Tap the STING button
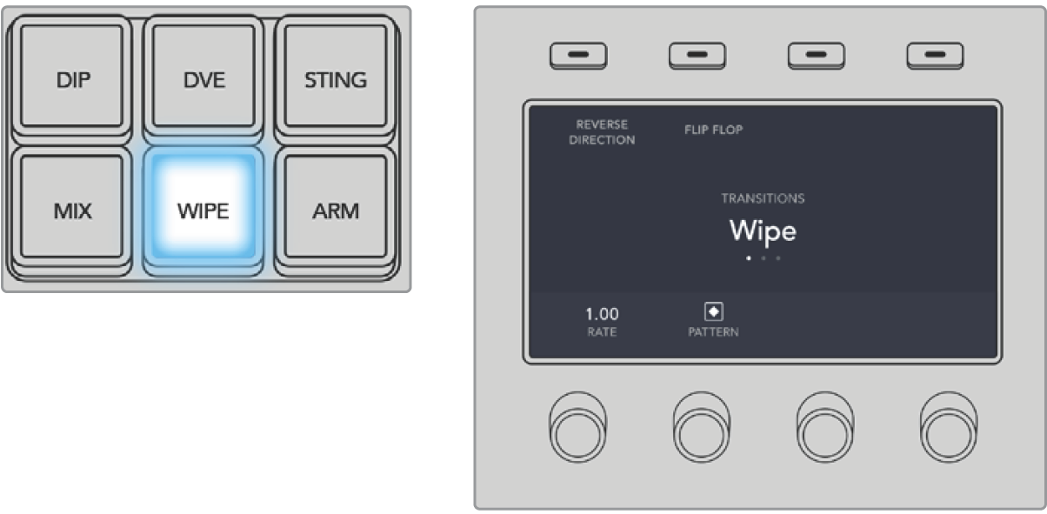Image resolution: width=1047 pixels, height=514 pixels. tap(335, 80)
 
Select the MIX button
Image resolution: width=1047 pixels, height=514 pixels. tap(72, 211)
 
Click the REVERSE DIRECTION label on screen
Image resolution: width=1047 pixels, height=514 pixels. tap(602, 133)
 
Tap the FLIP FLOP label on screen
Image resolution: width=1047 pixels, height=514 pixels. tap(713, 130)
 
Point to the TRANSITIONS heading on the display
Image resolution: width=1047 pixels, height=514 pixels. tap(762, 198)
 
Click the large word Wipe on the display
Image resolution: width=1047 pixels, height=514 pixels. tap(762, 230)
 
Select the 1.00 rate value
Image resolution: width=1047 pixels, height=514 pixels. tap(602, 314)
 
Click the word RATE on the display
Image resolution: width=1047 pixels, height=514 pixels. tap(602, 331)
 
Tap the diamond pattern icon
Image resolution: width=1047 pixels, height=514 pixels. tap(713, 312)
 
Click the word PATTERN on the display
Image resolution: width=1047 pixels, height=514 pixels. tap(713, 332)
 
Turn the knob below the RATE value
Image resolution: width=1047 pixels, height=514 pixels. tap(578, 426)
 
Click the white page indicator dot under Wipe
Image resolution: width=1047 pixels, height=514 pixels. tap(747, 258)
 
